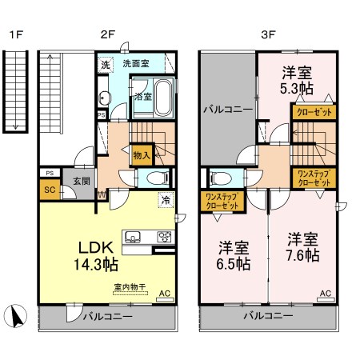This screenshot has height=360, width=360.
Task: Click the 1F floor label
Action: (16, 34)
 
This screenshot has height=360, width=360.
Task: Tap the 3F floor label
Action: (268, 34)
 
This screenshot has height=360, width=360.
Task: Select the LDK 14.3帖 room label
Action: (96, 256)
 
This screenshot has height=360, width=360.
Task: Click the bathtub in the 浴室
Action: (163, 98)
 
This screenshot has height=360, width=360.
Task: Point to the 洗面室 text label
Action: (136, 63)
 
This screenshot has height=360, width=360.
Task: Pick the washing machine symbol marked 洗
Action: (106, 65)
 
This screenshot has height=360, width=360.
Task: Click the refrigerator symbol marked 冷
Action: (166, 200)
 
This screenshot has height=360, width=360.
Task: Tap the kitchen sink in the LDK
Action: (133, 237)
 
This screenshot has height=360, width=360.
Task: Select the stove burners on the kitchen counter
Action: (164, 237)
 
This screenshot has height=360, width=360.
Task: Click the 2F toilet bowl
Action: (156, 178)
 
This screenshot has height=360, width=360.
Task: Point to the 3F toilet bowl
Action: (221, 178)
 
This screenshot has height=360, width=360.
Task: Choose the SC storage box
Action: (50, 190)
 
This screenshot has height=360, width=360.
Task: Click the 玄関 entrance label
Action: (82, 182)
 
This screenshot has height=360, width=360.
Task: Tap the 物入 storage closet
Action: (142, 155)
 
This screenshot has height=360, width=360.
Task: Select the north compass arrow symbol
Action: (16, 316)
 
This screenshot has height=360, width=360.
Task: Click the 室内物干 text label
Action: (130, 287)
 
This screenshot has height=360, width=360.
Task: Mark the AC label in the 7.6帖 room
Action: (326, 294)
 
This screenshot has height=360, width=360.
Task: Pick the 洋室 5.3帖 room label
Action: (297, 81)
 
